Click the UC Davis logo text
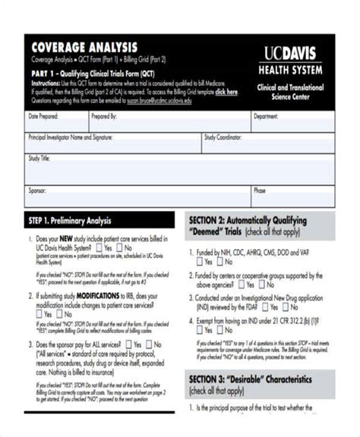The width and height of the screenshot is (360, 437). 292,53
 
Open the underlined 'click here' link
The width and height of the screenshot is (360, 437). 226,92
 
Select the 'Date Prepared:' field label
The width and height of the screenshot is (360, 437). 43,118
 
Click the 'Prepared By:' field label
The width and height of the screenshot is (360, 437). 104,118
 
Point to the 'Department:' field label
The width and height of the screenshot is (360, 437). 266,118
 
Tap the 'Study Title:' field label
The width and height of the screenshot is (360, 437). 39,159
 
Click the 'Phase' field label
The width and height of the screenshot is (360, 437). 260,191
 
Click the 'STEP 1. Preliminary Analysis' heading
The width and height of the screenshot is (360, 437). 70,221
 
